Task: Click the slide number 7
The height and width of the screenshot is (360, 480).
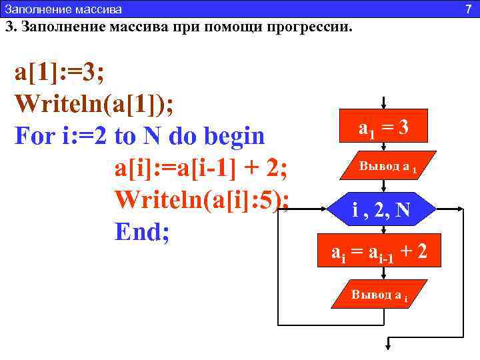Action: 468,8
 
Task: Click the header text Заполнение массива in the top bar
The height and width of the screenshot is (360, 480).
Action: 63,9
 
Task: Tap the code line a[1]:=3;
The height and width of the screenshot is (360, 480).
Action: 59,73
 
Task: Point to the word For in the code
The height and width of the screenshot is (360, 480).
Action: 36,136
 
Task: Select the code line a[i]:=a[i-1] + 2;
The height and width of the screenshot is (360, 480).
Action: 201,168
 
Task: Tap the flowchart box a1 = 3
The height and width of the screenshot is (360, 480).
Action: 383,127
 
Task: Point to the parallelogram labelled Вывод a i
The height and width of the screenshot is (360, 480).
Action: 379,295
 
